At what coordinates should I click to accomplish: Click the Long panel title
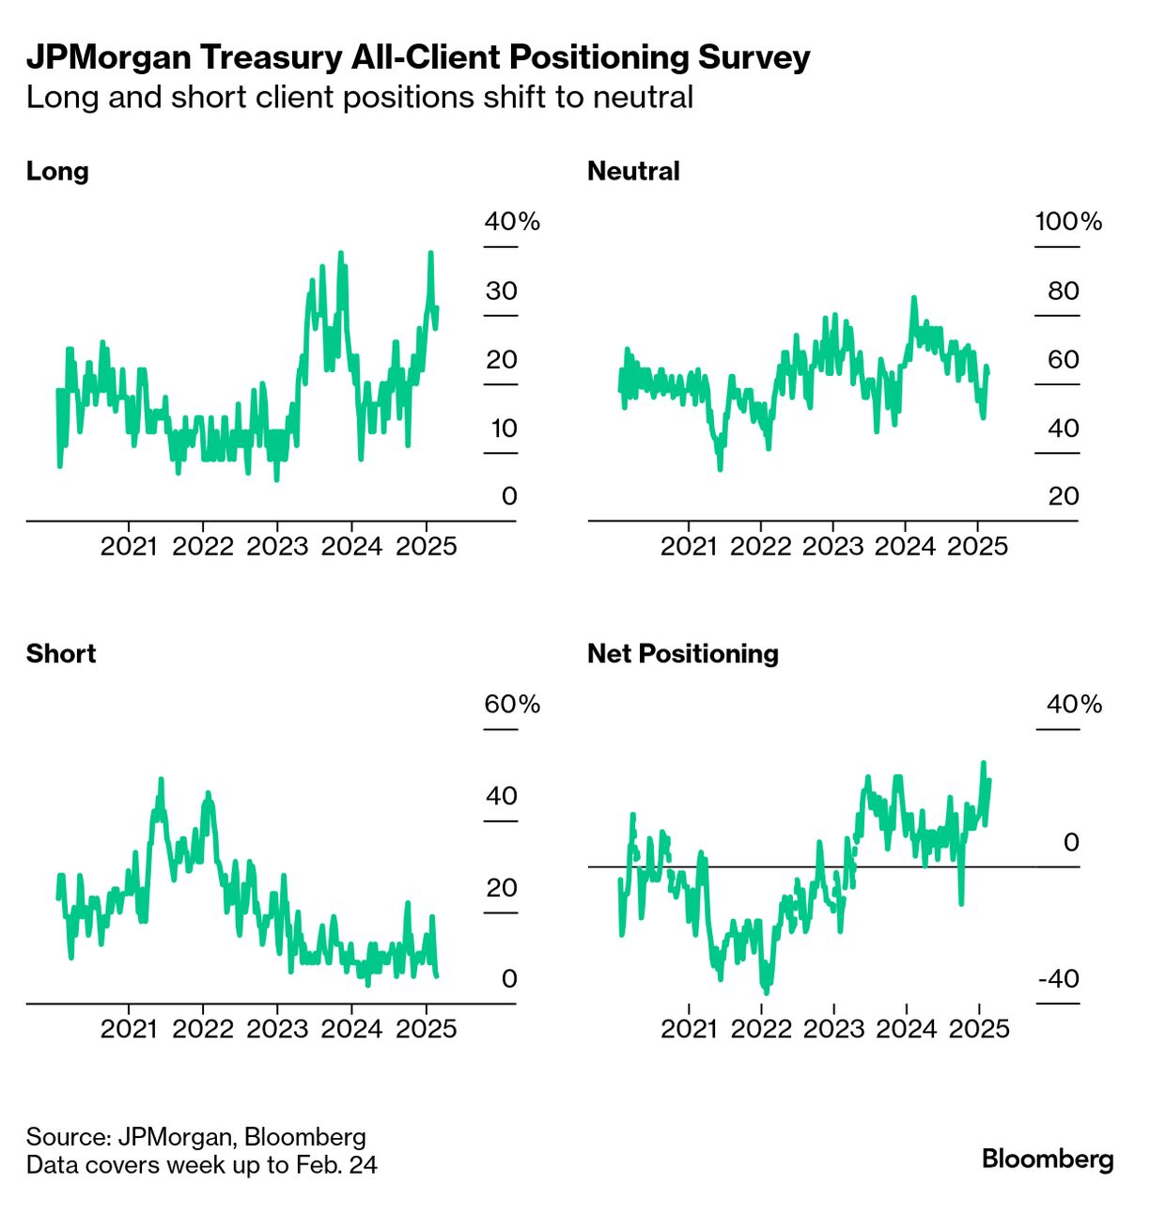pyautogui.click(x=57, y=171)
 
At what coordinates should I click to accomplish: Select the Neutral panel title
pyautogui.click(x=633, y=171)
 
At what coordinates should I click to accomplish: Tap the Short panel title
pyautogui.click(x=61, y=654)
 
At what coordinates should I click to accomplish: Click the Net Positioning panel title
pyautogui.click(x=683, y=654)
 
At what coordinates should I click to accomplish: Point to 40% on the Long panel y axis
pyautogui.click(x=512, y=222)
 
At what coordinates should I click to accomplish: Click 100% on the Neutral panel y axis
pyautogui.click(x=1068, y=222)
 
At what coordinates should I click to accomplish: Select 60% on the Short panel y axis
pyautogui.click(x=512, y=705)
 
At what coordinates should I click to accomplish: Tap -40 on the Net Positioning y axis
pyautogui.click(x=1059, y=979)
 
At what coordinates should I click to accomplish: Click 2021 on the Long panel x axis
pyautogui.click(x=129, y=546)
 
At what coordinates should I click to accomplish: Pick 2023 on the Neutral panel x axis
pyautogui.click(x=832, y=546)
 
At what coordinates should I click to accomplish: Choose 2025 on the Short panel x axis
pyautogui.click(x=426, y=1029)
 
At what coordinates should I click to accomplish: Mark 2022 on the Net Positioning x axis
pyautogui.click(x=761, y=1029)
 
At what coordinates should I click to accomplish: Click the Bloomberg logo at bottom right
pyautogui.click(x=1048, y=1159)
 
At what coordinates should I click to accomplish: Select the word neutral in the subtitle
pyautogui.click(x=643, y=97)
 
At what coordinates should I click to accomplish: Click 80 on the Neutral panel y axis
pyautogui.click(x=1064, y=291)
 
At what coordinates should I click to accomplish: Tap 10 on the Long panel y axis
pyautogui.click(x=504, y=429)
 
